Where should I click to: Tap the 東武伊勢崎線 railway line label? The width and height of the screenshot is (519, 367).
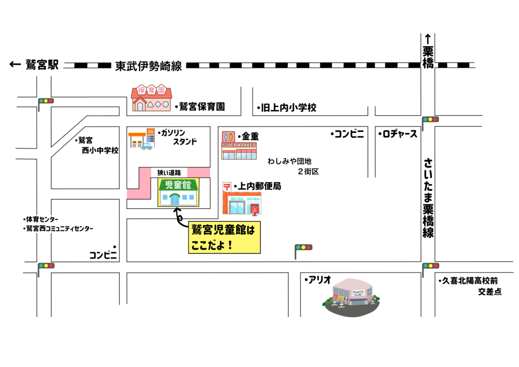[148, 66]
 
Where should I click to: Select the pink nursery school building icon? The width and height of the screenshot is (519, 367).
[151, 98]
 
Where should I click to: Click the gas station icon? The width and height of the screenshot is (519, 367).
[141, 139]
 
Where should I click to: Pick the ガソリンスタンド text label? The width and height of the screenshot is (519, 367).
[179, 137]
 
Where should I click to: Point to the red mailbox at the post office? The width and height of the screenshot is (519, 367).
[254, 209]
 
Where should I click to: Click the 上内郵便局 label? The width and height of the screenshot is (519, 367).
[259, 186]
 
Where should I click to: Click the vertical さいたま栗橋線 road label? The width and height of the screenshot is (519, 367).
[428, 198]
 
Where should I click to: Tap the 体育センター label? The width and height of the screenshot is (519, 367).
[43, 219]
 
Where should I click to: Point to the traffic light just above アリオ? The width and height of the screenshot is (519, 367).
[303, 248]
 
